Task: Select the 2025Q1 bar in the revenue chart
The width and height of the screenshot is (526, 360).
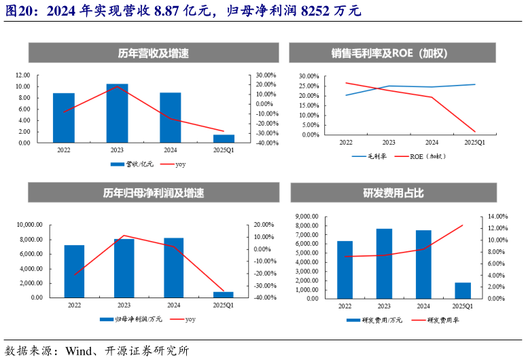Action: pos(224,139)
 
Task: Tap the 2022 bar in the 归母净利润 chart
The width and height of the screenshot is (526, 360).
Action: pos(74,271)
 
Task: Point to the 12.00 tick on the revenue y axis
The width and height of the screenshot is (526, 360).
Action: pos(22,75)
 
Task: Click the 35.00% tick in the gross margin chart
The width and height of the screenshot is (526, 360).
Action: pos(309,76)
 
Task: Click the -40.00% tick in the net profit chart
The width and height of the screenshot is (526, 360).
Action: pos(263,298)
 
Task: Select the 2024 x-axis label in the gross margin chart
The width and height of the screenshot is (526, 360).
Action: pos(432,143)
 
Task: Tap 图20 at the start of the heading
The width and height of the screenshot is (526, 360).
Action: pos(16,12)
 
